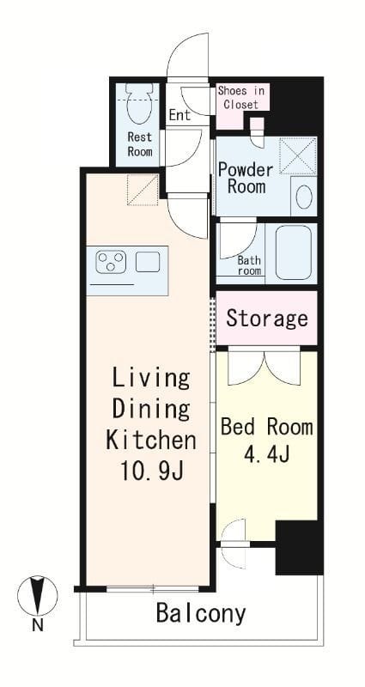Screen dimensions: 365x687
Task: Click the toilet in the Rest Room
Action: tap(139, 103)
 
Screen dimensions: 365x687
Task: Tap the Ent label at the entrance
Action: tap(180, 115)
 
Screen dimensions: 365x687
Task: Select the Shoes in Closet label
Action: tap(241, 98)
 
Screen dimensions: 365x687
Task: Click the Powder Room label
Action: tap(246, 178)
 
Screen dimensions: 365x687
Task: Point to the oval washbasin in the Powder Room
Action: tap(304, 197)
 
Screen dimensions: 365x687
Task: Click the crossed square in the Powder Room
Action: tap(298, 156)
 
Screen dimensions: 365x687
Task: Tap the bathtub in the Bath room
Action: tap(294, 252)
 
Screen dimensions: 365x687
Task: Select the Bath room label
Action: tap(249, 265)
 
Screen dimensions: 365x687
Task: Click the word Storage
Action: tap(267, 319)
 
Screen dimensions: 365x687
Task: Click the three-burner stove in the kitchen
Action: tap(111, 262)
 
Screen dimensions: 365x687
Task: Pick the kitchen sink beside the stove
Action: tap(148, 262)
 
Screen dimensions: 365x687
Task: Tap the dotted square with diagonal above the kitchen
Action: tap(143, 190)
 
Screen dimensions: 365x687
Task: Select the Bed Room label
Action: tap(267, 427)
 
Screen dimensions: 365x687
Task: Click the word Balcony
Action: tap(201, 615)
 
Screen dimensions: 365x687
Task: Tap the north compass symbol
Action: tap(37, 595)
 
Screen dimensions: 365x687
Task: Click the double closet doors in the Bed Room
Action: tap(265, 368)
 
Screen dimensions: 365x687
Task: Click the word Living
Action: tap(152, 379)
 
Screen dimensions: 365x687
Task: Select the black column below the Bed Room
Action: tap(299, 548)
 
